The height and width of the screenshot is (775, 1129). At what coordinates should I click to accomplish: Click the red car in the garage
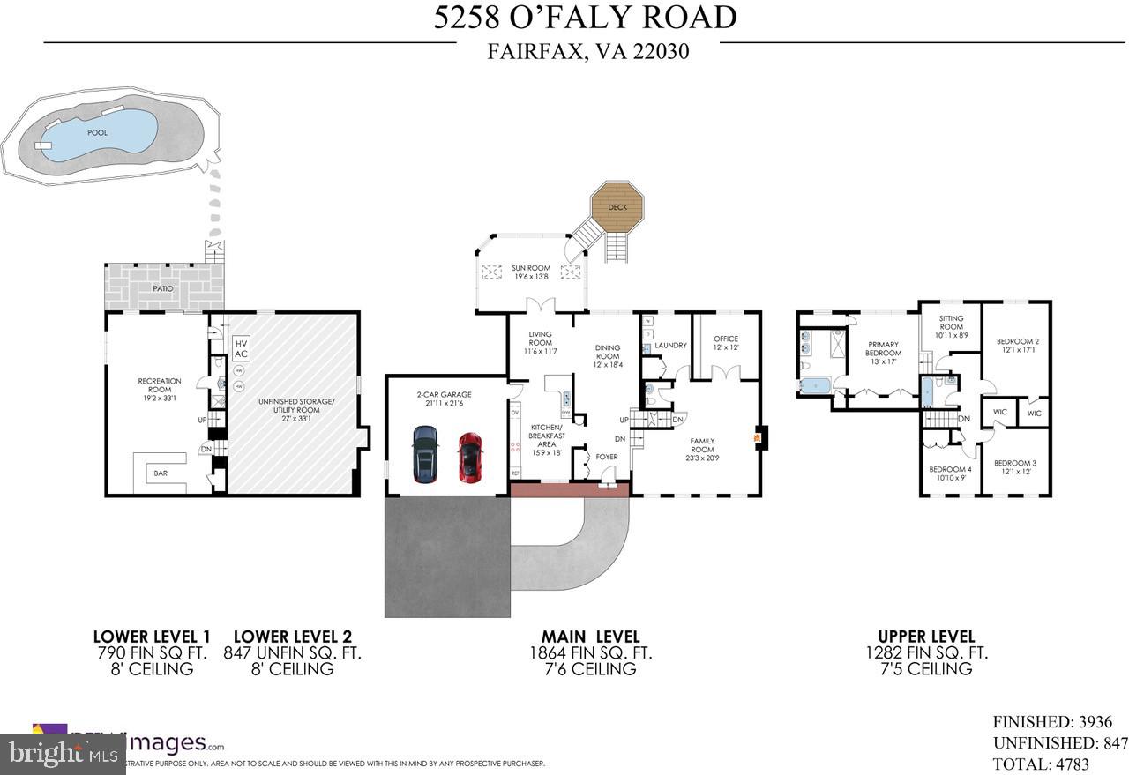[x=469, y=457]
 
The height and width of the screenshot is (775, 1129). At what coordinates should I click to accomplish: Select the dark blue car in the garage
[x=425, y=454]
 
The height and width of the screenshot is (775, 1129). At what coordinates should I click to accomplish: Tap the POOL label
[x=97, y=132]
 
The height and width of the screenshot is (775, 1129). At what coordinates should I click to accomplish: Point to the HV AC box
[x=241, y=347]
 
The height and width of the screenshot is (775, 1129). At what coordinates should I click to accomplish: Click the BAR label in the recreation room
[x=161, y=473]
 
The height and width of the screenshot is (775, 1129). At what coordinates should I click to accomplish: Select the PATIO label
[x=163, y=288]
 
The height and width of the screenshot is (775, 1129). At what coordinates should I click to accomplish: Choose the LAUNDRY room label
[x=670, y=345]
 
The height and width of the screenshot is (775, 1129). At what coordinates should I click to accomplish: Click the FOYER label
[x=607, y=457]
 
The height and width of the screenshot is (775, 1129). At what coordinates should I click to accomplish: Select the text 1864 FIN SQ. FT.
[x=590, y=653]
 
